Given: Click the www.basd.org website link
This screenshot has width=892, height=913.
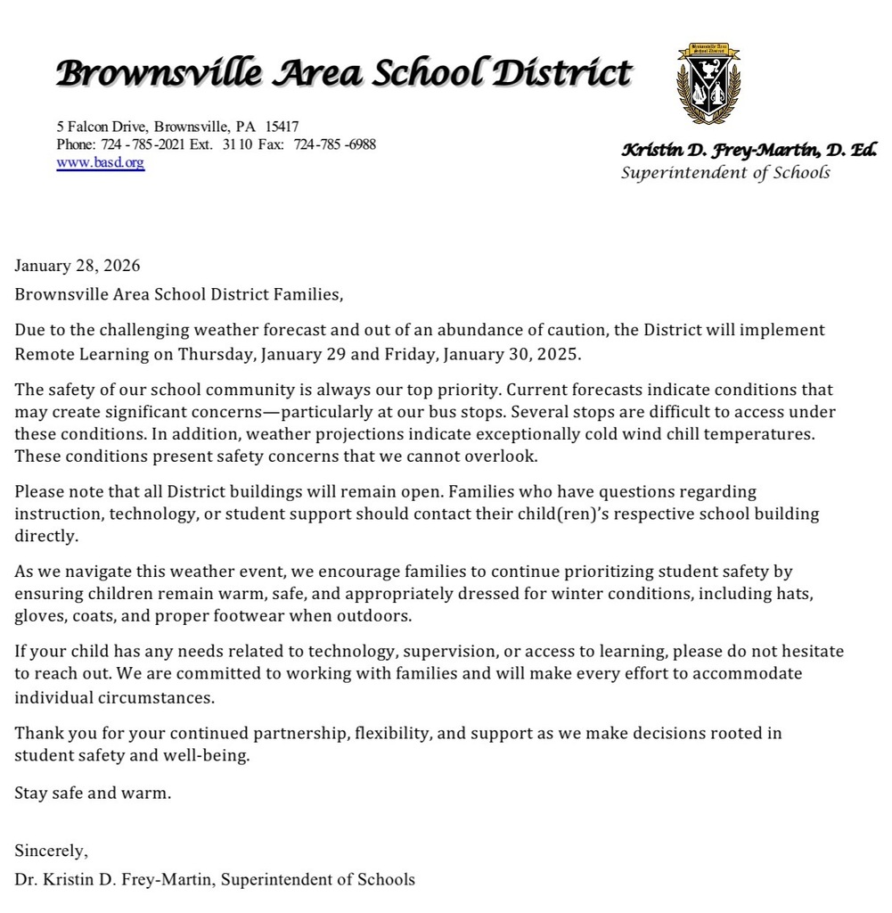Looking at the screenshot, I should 100,162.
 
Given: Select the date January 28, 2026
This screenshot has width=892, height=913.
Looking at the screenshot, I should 78,266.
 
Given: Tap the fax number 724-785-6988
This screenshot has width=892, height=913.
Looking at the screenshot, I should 335,144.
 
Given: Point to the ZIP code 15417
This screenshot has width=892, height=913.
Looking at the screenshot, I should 282,127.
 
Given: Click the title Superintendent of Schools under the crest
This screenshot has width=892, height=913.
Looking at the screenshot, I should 724,172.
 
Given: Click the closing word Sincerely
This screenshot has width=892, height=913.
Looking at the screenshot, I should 51,851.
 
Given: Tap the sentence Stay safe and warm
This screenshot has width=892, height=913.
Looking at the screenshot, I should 92,793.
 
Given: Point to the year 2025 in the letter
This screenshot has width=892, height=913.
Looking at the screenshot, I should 558,353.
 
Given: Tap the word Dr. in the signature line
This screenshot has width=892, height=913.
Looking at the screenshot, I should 25,879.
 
